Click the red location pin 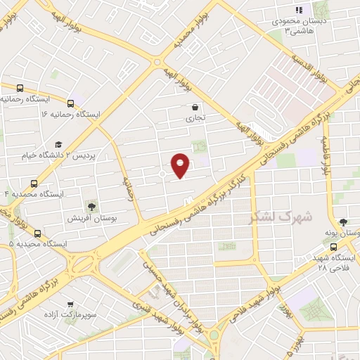[181, 165]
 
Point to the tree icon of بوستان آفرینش [91, 206]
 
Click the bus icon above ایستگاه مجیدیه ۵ [37, 234]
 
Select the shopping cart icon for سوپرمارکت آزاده [70, 304]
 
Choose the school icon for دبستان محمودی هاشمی [298, 10]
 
